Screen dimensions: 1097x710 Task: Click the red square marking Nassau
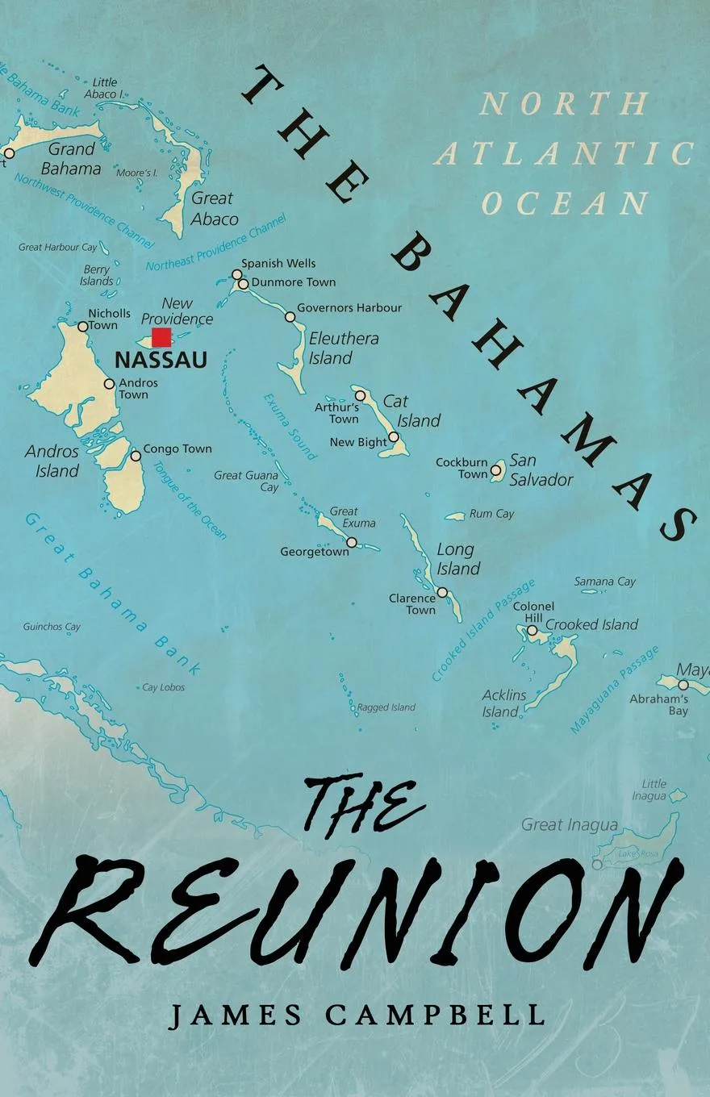[x=161, y=337]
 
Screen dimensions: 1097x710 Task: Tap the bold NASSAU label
[x=161, y=360]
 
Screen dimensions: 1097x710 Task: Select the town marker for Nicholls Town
[x=82, y=327]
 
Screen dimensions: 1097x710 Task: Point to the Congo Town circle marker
[x=136, y=456]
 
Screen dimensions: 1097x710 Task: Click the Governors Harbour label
[x=349, y=307]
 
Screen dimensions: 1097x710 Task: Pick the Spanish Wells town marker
[x=236, y=274]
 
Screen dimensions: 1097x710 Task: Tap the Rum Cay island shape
[x=456, y=515]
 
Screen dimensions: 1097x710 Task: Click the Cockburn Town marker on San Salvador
[x=495, y=469]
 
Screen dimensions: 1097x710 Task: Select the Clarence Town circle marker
[x=442, y=592]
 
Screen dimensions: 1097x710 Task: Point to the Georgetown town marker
[x=351, y=542]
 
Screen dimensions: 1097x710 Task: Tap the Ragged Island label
[x=386, y=707]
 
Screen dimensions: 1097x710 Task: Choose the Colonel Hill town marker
[x=532, y=630]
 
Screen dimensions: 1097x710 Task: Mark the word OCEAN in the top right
[x=564, y=203]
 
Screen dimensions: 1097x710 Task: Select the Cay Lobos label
[x=163, y=687]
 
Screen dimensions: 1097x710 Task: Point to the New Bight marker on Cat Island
[x=394, y=437]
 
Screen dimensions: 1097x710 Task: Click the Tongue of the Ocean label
[x=190, y=500]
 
